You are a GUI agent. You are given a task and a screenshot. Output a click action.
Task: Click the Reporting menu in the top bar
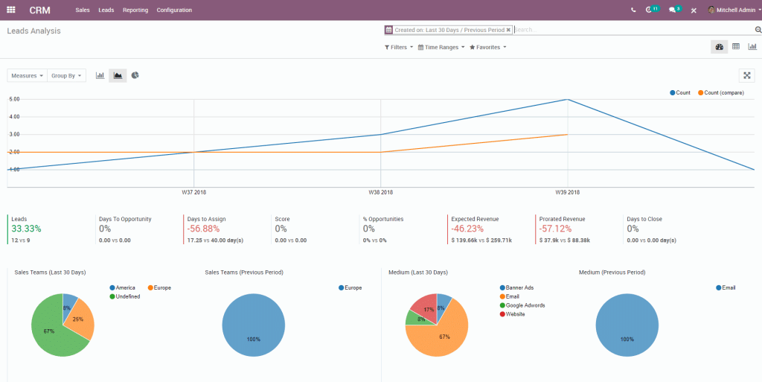(135, 10)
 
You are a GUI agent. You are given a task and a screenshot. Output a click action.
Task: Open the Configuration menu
(174, 10)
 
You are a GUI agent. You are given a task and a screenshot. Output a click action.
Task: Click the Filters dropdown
(399, 47)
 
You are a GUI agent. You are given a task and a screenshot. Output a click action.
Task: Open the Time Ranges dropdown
(441, 47)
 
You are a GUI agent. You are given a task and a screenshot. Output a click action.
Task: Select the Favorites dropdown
(488, 47)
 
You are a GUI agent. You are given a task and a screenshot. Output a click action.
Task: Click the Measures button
(27, 75)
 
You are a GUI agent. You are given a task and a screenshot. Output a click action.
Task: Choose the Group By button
(66, 75)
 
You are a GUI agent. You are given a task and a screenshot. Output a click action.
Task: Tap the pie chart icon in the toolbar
(135, 75)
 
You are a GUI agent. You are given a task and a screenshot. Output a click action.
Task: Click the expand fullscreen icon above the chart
(747, 75)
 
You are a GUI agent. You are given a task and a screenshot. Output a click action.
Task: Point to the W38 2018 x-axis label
(380, 192)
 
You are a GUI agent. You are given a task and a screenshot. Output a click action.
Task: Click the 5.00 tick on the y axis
(14, 99)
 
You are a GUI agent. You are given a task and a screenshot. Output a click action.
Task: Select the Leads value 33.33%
(26, 229)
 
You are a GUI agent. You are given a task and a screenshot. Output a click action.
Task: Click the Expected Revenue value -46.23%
(468, 229)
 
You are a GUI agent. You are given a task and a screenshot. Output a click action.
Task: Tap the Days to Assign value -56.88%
(203, 229)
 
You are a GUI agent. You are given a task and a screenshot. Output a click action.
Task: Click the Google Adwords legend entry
(525, 305)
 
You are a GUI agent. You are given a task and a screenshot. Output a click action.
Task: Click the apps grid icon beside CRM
(11, 10)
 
